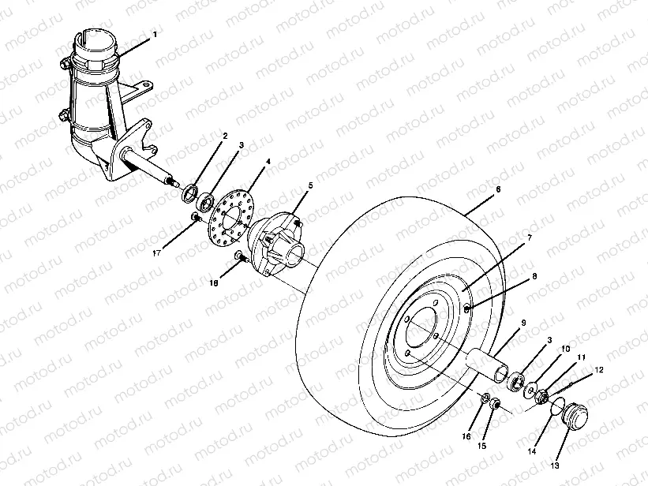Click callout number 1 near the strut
(x=155, y=35)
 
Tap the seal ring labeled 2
(x=190, y=193)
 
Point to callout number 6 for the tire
(x=498, y=190)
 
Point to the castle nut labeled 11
(x=542, y=397)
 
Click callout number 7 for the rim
(x=529, y=237)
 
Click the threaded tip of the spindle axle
(x=169, y=183)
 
